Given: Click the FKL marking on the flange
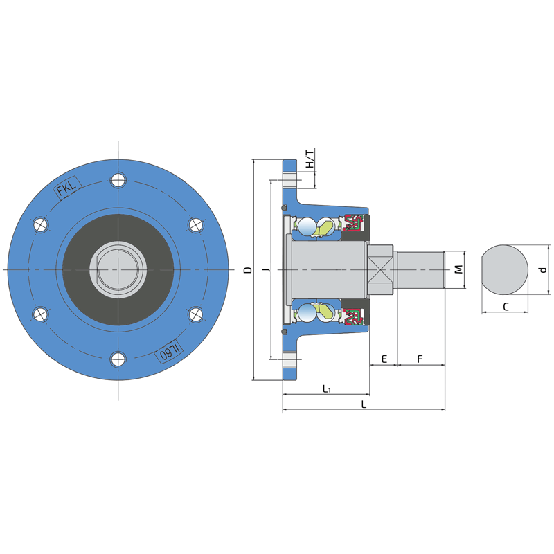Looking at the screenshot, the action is [x=67, y=188].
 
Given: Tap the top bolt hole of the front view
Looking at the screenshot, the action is [x=118, y=180].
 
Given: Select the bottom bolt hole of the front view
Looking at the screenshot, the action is [x=118, y=359].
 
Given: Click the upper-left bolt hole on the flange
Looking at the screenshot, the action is [x=41, y=224].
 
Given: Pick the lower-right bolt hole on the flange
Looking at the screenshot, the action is [x=195, y=314].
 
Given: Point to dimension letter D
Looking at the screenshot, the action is [x=249, y=270].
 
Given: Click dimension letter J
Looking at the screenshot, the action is [x=267, y=270].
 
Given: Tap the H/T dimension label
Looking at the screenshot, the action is [x=310, y=159].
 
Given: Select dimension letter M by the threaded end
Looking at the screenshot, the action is [x=458, y=269].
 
